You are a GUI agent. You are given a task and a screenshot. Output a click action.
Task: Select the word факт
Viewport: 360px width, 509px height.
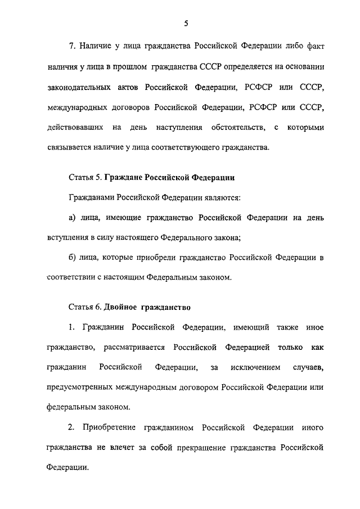click(314, 44)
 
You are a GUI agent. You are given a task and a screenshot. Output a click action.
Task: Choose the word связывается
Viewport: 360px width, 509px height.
click(67, 149)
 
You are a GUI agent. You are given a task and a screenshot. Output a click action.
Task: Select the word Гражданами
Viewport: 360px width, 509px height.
click(92, 199)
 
